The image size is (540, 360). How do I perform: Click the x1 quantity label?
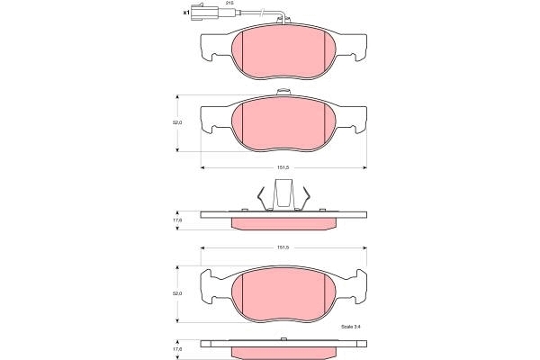pyautogui.click(x=186, y=13)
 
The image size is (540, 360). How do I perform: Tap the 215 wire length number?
pyautogui.click(x=228, y=3)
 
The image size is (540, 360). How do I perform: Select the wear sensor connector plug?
pyautogui.click(x=204, y=12)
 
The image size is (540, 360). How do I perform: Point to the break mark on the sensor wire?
pyautogui.click(x=263, y=13)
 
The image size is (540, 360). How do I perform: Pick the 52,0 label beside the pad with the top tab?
pyautogui.click(x=177, y=122)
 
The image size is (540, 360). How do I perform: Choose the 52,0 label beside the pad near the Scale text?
pyautogui.click(x=177, y=294)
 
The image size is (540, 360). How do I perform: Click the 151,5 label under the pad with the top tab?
pyautogui.click(x=283, y=167)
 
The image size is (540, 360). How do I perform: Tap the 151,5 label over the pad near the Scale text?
pyautogui.click(x=283, y=247)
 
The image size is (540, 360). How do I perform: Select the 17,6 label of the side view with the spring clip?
pyautogui.click(x=177, y=220)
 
